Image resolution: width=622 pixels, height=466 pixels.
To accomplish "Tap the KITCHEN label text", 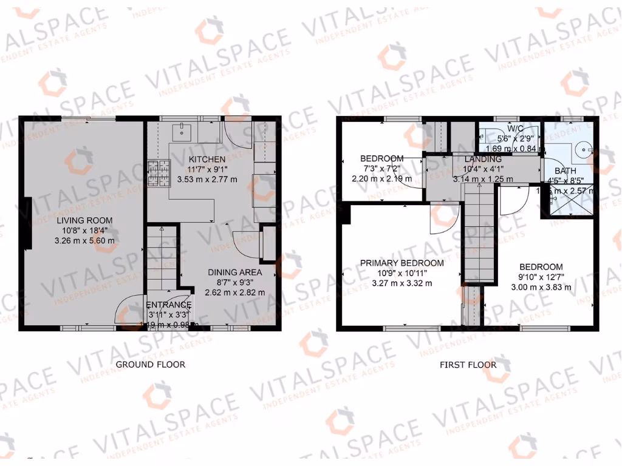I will pyautogui.click(x=207, y=159).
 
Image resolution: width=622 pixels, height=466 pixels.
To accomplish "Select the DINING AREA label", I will pyautogui.click(x=234, y=272).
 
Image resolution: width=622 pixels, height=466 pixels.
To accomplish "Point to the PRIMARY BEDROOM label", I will pyautogui.click(x=402, y=263).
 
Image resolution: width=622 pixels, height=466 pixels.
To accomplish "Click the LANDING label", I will pyautogui.click(x=484, y=159).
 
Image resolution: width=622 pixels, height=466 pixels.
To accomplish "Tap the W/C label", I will pyautogui.click(x=516, y=129).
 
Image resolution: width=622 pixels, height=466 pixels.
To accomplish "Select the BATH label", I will pyautogui.click(x=565, y=171).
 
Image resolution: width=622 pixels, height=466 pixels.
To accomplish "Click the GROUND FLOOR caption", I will pyautogui.click(x=150, y=365).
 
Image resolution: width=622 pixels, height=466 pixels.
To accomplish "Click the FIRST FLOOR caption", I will pyautogui.click(x=468, y=365).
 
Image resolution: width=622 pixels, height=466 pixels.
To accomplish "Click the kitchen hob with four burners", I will pyautogui.click(x=158, y=172).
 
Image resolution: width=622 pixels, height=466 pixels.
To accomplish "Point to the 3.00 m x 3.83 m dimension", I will pyautogui.click(x=540, y=287).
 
